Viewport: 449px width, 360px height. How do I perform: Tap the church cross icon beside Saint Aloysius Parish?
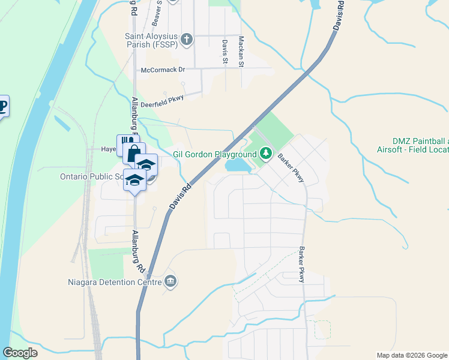[187, 40]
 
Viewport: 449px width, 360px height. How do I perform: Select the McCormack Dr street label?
[163, 70]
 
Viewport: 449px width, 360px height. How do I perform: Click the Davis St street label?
[224, 52]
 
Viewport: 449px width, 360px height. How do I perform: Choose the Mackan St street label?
[241, 52]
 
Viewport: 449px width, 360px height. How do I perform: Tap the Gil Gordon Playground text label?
[215, 154]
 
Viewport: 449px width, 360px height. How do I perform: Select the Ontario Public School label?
[91, 176]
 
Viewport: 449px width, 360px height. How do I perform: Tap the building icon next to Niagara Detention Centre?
[170, 281]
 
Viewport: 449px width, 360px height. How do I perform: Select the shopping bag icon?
[134, 152]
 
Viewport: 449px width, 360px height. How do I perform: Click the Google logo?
[20, 353]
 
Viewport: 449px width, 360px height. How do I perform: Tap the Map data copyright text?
[412, 355]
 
